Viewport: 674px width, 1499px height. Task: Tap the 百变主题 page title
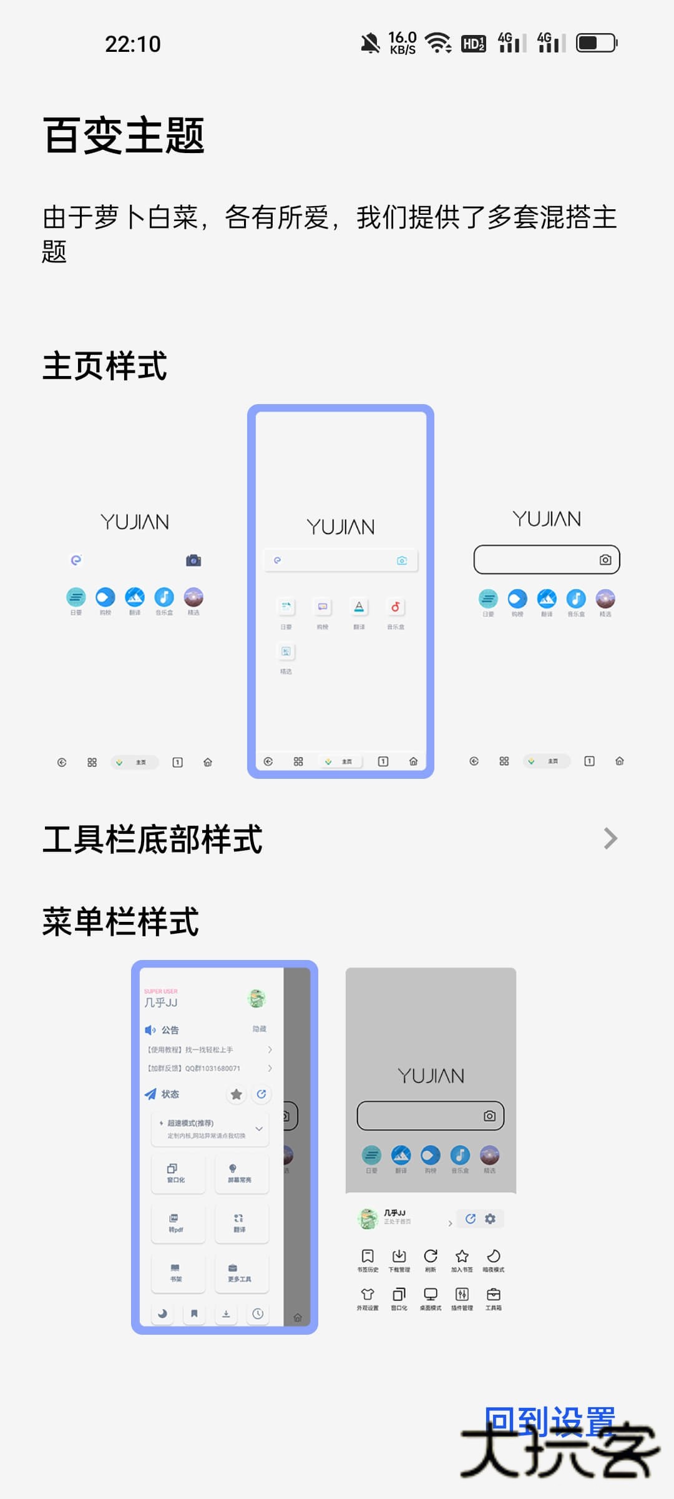click(124, 136)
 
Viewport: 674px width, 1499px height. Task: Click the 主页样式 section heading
click(105, 366)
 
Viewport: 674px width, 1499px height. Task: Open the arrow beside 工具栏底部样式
click(610, 838)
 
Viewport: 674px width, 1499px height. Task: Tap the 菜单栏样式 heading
click(120, 922)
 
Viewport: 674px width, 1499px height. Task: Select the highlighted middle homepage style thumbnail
click(341, 591)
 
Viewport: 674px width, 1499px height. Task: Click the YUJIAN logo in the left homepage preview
click(135, 522)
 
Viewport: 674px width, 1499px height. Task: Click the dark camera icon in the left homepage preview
click(193, 560)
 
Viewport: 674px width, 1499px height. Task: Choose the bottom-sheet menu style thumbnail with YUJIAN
click(431, 1143)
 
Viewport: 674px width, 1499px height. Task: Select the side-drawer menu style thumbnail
click(225, 1147)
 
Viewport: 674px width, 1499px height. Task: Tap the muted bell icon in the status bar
click(370, 43)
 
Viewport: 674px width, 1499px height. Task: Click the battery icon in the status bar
click(596, 43)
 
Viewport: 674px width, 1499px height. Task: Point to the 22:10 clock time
click(133, 44)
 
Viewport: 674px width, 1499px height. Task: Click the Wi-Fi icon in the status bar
click(438, 43)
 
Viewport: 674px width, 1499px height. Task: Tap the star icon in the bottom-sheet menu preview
click(462, 1256)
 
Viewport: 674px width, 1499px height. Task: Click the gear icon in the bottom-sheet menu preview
click(491, 1219)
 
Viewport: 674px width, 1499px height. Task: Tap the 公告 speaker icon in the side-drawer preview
click(150, 1030)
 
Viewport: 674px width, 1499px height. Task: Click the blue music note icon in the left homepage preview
click(164, 597)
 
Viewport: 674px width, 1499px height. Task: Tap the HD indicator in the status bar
click(473, 44)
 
